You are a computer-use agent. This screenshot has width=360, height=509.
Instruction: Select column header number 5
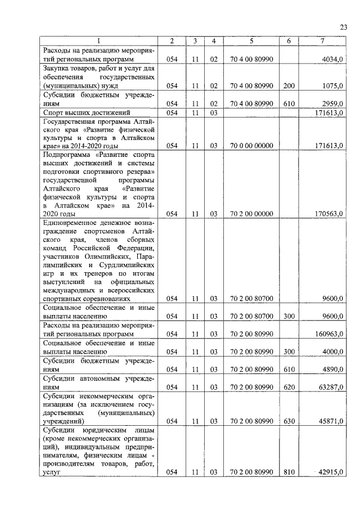[251, 41]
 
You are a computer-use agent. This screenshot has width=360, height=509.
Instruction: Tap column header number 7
[322, 41]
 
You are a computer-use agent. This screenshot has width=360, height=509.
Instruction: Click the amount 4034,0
[332, 59]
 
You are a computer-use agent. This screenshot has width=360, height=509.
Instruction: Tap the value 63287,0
[331, 388]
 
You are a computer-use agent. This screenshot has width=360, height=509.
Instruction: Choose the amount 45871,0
[331, 421]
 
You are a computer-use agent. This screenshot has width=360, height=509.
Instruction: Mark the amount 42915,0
[331, 473]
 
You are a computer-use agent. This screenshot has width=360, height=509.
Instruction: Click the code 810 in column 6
[289, 473]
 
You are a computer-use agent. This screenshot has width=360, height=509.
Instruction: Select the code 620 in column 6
[289, 388]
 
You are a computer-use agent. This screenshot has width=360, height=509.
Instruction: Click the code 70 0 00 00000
[251, 146]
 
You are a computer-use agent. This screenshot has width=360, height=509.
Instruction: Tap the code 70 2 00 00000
[251, 214]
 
